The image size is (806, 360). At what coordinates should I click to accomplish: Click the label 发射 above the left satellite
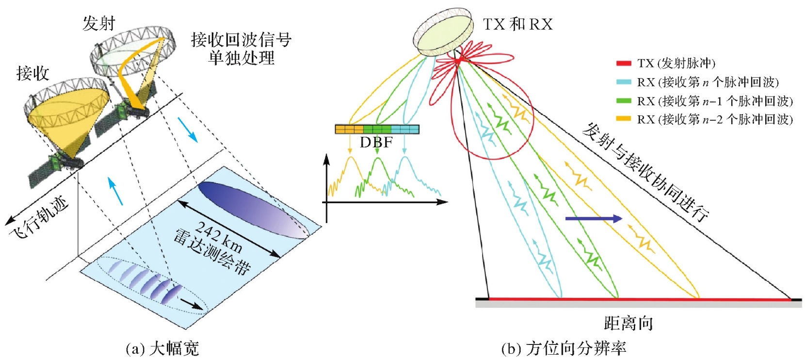tap(99, 23)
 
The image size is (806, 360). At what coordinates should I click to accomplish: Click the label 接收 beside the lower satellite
tap(33, 73)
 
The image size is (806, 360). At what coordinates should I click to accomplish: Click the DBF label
tap(376, 142)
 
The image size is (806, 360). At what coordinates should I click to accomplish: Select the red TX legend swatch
tap(623, 63)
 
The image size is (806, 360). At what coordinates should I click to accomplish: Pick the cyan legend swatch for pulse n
tap(623, 82)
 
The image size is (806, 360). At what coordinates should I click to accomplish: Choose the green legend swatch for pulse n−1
tap(623, 101)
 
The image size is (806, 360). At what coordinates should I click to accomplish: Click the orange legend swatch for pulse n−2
tap(623, 119)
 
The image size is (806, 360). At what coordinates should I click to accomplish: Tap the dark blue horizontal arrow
tap(593, 219)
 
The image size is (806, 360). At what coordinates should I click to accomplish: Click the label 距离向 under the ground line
tap(628, 323)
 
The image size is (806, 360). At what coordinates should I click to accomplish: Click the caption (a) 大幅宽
tap(162, 348)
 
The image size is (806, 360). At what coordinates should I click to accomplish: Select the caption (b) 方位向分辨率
tap(564, 348)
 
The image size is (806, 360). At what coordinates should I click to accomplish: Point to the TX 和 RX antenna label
tap(518, 24)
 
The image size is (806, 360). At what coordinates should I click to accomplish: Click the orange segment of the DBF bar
tap(349, 129)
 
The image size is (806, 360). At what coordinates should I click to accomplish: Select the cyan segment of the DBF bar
tap(405, 129)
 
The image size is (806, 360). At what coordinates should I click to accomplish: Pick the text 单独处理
tap(241, 58)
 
